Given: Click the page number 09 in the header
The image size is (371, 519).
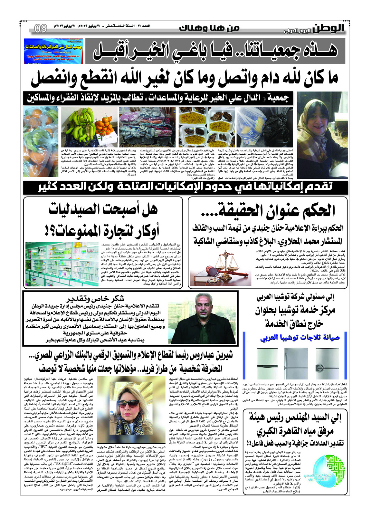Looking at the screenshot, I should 41,29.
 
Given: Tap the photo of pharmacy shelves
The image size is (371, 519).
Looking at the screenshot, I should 62,264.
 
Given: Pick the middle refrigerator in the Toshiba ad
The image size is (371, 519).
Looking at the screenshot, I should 296,363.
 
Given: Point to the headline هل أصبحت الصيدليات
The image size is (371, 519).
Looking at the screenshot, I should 103,210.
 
